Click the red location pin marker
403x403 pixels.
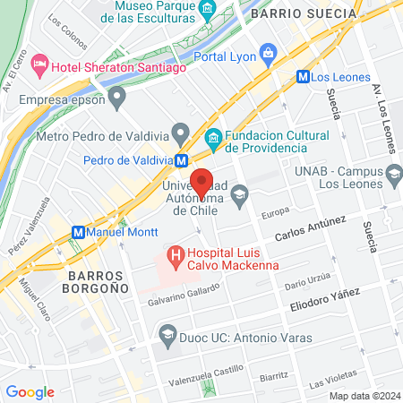coord(202,182)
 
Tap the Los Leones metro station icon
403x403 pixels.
coord(304,77)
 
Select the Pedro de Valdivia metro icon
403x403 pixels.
coord(182,161)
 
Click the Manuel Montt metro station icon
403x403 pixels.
coord(78,231)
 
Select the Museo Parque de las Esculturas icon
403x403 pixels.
coord(208,10)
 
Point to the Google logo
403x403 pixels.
coord(30,391)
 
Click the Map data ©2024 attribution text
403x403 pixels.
coord(364,396)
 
